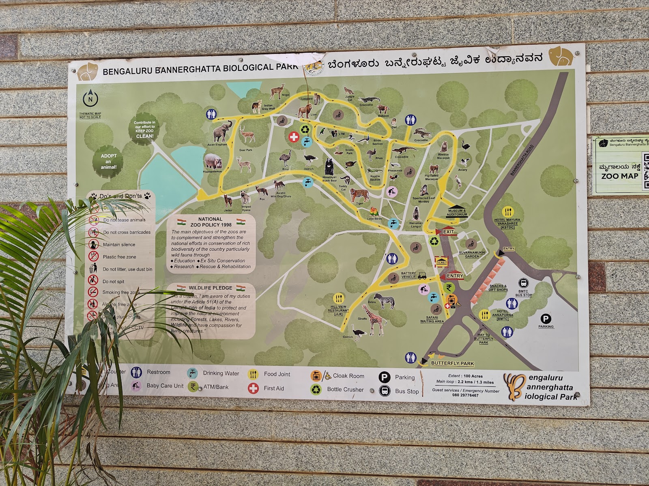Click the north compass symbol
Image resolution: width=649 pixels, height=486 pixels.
point(90,98)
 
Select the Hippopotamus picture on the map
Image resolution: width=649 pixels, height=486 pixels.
point(213,161)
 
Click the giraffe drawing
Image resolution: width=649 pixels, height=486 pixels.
point(374,319)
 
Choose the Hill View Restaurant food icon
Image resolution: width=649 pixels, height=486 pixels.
point(339,298)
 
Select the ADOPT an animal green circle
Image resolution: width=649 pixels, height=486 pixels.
point(108,161)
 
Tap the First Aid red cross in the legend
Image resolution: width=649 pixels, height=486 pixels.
point(254,388)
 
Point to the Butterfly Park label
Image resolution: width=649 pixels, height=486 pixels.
point(452,363)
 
